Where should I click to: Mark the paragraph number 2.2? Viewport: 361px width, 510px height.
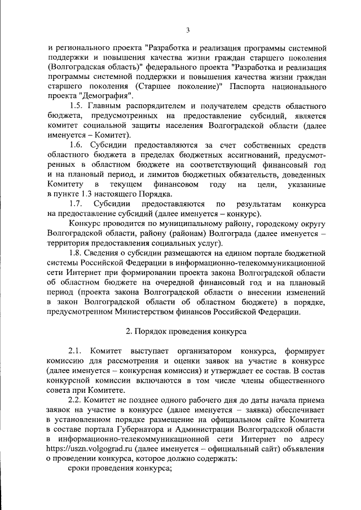[x=76, y=401]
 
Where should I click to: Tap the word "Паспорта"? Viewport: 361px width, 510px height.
[x=244, y=87]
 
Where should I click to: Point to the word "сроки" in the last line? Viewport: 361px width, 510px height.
[x=81, y=468]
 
